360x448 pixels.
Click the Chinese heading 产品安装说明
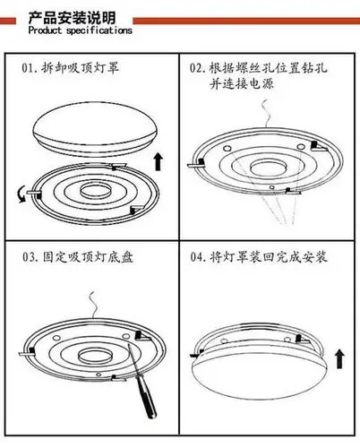[72, 18]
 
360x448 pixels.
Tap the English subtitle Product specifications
[80, 30]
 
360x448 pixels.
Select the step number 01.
[29, 68]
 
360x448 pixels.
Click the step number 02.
[197, 68]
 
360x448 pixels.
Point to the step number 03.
[30, 257]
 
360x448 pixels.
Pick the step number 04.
[198, 257]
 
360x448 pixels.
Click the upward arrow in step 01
[159, 161]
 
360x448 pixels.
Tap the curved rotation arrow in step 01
[21, 194]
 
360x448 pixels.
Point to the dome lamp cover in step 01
[96, 129]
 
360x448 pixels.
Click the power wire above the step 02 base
[266, 114]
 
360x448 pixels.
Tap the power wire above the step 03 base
[94, 305]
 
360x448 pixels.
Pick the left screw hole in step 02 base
[227, 149]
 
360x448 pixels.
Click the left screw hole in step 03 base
[56, 338]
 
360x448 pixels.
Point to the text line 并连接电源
[241, 83]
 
